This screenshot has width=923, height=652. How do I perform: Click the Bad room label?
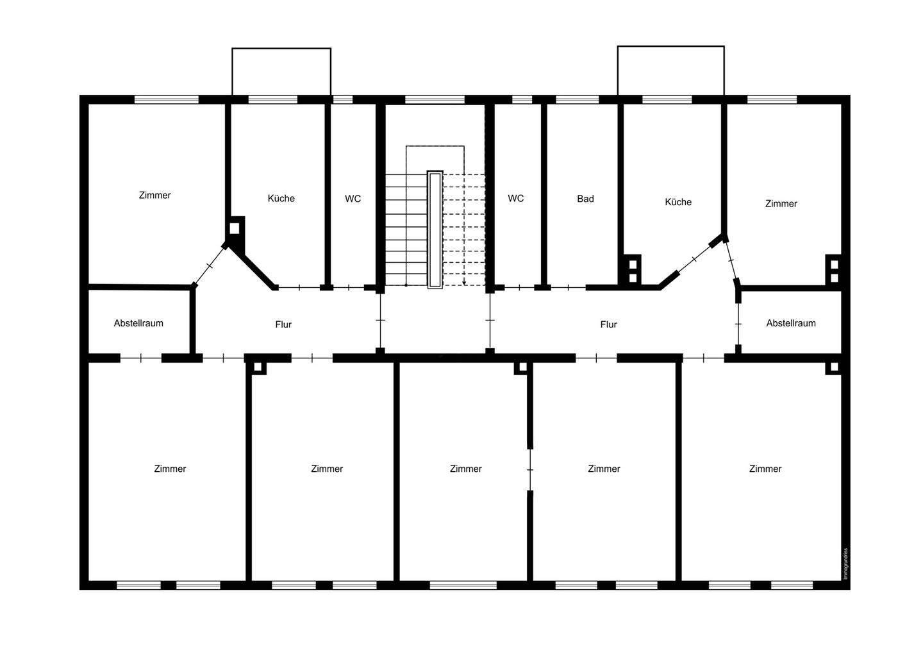click(x=585, y=199)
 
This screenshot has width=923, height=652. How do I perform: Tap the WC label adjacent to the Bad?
click(x=515, y=198)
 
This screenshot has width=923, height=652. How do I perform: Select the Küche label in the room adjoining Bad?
click(x=678, y=202)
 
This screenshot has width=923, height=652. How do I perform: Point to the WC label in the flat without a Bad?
click(x=353, y=199)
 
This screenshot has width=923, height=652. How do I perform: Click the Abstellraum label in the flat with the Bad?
click(x=790, y=323)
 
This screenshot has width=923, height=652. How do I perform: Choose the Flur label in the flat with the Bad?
click(x=608, y=324)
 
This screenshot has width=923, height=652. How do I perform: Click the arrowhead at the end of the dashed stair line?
click(x=464, y=282)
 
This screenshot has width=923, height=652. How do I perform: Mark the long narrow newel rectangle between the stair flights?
click(x=435, y=230)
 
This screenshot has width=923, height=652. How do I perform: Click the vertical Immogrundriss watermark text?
click(x=845, y=564)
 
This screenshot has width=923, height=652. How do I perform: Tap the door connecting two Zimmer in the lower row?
click(x=530, y=470)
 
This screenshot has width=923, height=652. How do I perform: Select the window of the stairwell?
click(x=435, y=99)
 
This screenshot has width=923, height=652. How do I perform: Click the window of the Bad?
click(x=577, y=99)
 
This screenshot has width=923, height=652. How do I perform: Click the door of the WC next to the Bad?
click(x=519, y=288)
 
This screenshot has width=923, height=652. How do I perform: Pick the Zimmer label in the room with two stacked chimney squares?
click(x=781, y=203)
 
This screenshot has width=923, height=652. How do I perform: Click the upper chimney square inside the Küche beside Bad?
click(x=633, y=263)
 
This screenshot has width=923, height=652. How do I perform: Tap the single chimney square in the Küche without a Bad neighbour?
click(x=235, y=227)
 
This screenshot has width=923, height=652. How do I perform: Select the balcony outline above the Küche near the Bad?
click(x=670, y=70)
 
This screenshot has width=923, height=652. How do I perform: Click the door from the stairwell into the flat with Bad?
click(x=490, y=320)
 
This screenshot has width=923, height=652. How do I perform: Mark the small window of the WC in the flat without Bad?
click(x=343, y=99)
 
